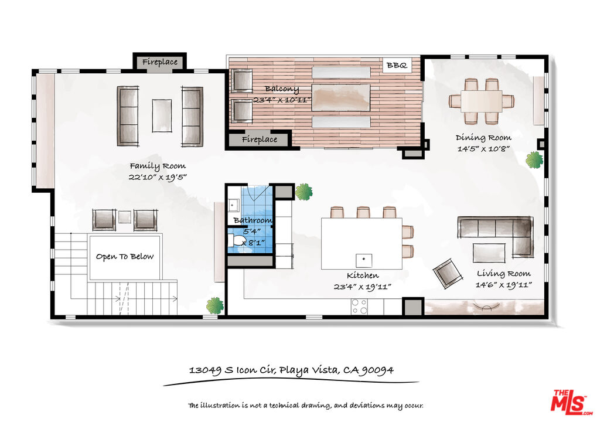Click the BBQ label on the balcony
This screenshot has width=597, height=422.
click(x=397, y=66)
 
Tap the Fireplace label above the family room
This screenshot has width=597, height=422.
click(x=160, y=62)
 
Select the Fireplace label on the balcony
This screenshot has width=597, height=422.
click(x=260, y=139)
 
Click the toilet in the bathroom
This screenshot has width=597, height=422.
click(x=237, y=241)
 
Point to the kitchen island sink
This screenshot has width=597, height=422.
click(x=364, y=260)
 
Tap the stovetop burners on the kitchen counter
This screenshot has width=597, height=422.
click(x=359, y=306)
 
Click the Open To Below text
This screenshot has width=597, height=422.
click(x=125, y=257)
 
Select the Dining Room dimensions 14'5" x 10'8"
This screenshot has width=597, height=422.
click(x=483, y=149)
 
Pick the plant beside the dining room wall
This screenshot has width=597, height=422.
click(x=534, y=159)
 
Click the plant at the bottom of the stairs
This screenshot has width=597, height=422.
click(x=215, y=306)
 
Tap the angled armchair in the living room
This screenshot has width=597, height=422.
click(x=448, y=273)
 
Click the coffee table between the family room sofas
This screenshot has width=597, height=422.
click(x=162, y=116)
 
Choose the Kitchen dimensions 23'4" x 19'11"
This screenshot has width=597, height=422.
click(x=363, y=287)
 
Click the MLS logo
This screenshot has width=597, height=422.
click(x=571, y=402)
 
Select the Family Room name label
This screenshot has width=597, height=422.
click(x=158, y=166)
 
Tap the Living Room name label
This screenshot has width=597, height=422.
click(x=504, y=274)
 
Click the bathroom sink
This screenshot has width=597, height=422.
click(x=233, y=205)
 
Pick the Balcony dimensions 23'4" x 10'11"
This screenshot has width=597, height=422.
click(x=282, y=100)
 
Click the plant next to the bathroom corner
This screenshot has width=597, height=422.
click(x=304, y=192)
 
